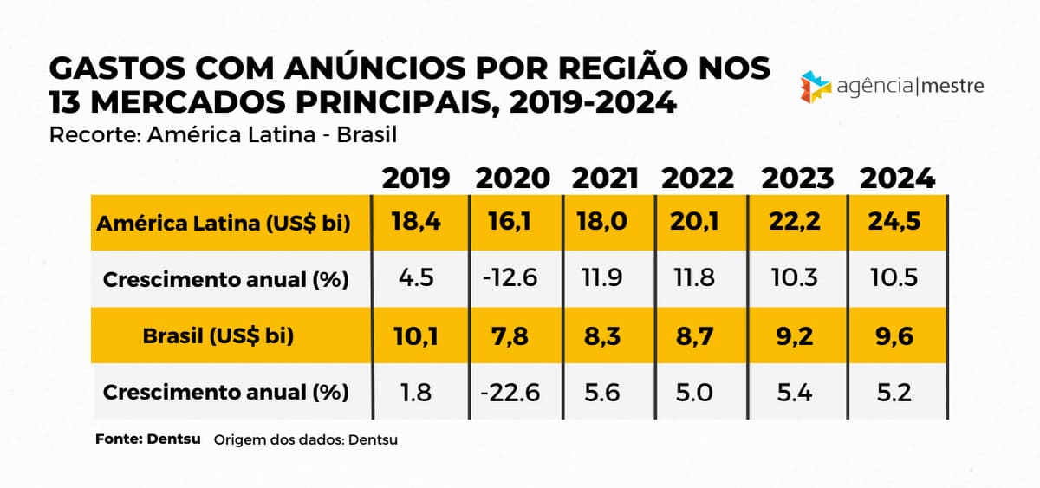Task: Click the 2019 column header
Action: (x=416, y=179)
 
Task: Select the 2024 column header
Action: (x=897, y=179)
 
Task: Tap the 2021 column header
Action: (x=605, y=179)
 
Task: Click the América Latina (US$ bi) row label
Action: (x=224, y=224)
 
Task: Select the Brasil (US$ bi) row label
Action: (x=218, y=336)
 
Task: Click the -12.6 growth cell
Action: (x=510, y=280)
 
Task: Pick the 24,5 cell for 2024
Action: (x=894, y=224)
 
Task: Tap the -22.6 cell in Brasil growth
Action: (x=510, y=393)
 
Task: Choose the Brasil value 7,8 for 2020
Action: (x=511, y=336)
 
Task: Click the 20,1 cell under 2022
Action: (x=694, y=224)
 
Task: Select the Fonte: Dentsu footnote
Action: (x=147, y=439)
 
